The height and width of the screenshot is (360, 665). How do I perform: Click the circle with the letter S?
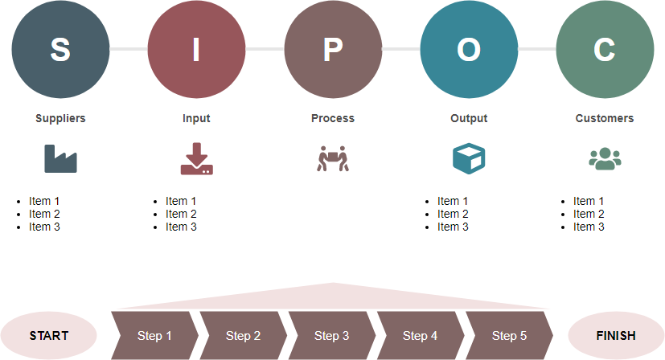(60, 49)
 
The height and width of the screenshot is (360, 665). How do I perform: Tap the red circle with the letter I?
(196, 49)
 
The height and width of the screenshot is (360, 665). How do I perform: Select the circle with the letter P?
(333, 49)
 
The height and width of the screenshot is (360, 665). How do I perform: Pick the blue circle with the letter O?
(469, 49)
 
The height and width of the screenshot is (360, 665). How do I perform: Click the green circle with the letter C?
(605, 49)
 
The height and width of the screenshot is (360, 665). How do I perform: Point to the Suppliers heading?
(60, 118)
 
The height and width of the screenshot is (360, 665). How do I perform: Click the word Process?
(333, 118)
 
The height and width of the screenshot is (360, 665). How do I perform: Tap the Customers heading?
(605, 118)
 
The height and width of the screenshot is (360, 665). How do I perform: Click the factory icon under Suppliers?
(60, 158)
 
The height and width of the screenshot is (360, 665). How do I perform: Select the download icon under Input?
(196, 158)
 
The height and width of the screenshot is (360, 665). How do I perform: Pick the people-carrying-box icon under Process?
(332, 158)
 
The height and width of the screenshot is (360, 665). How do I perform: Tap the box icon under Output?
(469, 158)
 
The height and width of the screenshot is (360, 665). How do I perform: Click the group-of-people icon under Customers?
(605, 158)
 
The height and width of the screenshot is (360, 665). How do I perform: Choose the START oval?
(49, 336)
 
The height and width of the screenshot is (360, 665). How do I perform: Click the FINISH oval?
(616, 336)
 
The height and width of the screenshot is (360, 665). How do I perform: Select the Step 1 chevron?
(155, 336)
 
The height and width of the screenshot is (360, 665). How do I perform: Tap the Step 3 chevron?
(332, 336)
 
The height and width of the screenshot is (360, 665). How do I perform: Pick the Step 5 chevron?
(509, 336)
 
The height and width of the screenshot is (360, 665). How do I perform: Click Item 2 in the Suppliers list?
(44, 214)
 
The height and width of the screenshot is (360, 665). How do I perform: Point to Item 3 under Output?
(453, 227)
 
